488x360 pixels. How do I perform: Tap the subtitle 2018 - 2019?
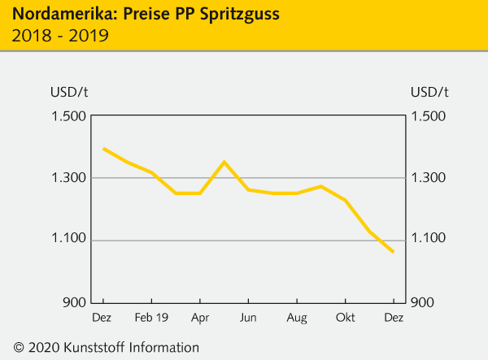pos(61,36)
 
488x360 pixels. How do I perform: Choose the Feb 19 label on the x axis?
pos(151,317)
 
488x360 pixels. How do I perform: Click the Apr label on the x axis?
pos(200,317)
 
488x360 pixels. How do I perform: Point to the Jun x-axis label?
pos(248,317)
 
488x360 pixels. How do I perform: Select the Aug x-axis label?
pos(297,317)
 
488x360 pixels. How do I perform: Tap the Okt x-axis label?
pos(346,317)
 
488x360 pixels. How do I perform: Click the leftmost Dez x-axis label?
pos(102,317)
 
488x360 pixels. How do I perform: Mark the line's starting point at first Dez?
pos(103,149)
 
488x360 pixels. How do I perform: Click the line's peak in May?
pos(224,162)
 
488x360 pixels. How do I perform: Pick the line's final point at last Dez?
pos(394,252)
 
